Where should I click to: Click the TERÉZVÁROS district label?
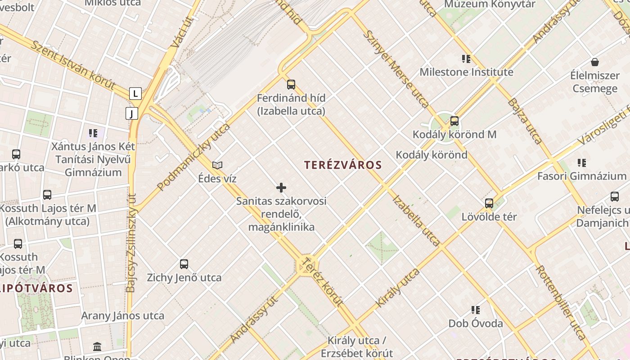tap(343, 165)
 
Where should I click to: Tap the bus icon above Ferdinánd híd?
tap(291, 84)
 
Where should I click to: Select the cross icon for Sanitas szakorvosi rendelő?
tap(281, 187)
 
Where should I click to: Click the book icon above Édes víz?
tap(217, 165)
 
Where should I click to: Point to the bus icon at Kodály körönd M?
tap(454, 121)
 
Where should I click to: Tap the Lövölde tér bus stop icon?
tap(489, 203)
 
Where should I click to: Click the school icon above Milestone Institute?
tap(466, 58)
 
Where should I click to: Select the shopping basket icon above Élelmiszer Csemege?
tap(595, 62)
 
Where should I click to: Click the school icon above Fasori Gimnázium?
tap(582, 162)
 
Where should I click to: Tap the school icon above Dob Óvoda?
tap(476, 310)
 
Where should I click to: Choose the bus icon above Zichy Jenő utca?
tap(184, 264)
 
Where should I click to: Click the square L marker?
tap(135, 94)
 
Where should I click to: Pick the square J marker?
tap(131, 113)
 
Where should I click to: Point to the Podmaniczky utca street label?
tap(193, 157)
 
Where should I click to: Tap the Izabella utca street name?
tap(416, 220)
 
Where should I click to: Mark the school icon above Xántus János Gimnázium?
tap(93, 133)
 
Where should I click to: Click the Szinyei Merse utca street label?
tap(396, 69)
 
